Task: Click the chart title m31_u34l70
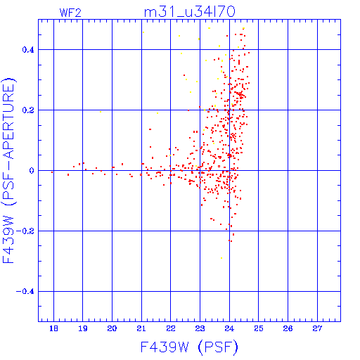[189, 12]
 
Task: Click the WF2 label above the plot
[70, 13]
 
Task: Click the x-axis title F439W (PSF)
[189, 347]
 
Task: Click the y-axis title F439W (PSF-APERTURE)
[9, 170]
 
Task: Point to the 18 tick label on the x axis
[53, 328]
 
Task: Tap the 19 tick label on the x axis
[83, 328]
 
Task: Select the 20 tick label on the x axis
[112, 328]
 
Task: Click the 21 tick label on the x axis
[141, 328]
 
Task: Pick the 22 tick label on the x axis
[171, 328]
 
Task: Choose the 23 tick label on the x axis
[200, 328]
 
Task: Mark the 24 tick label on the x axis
[229, 328]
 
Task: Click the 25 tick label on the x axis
[259, 328]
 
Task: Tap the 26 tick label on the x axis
[288, 328]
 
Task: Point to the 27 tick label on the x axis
[317, 328]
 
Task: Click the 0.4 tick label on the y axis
[28, 50]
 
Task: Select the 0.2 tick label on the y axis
[28, 110]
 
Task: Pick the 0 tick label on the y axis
[32, 171]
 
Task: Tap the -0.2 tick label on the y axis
[25, 231]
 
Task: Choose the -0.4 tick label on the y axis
[25, 292]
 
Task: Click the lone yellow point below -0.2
[221, 258]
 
